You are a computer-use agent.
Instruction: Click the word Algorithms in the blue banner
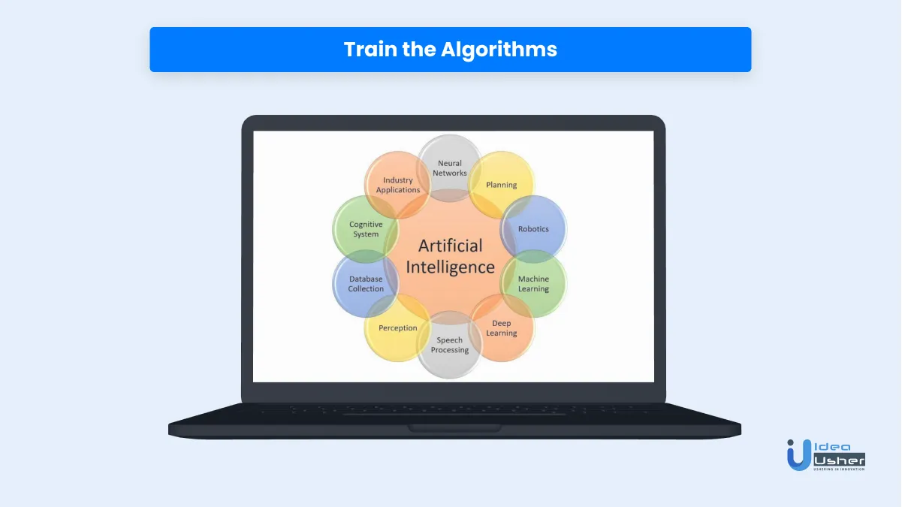point(499,50)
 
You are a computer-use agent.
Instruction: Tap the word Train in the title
point(370,49)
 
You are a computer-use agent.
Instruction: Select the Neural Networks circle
point(450,168)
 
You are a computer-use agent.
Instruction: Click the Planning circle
point(502,185)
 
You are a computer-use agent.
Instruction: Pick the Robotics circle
point(533,229)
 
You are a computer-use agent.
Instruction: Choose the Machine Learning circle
point(533,283)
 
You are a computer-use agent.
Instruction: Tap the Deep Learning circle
point(502,327)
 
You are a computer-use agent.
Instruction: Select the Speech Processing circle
point(450,345)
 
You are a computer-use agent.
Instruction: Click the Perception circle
point(398,327)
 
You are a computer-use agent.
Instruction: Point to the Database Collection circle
point(366,283)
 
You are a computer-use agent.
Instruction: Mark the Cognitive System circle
point(366,229)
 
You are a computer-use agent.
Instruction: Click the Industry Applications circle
point(398,185)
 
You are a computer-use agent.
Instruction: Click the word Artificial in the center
point(450,246)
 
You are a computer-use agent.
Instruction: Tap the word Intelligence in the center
point(450,267)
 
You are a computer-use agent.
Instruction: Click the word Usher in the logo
point(839,460)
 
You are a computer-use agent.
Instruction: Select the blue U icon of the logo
point(799,455)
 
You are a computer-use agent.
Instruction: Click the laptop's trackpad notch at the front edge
point(454,428)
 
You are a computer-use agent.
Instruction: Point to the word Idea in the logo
point(832,447)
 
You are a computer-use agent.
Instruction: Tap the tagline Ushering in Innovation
point(839,469)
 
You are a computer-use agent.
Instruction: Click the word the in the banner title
point(419,49)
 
